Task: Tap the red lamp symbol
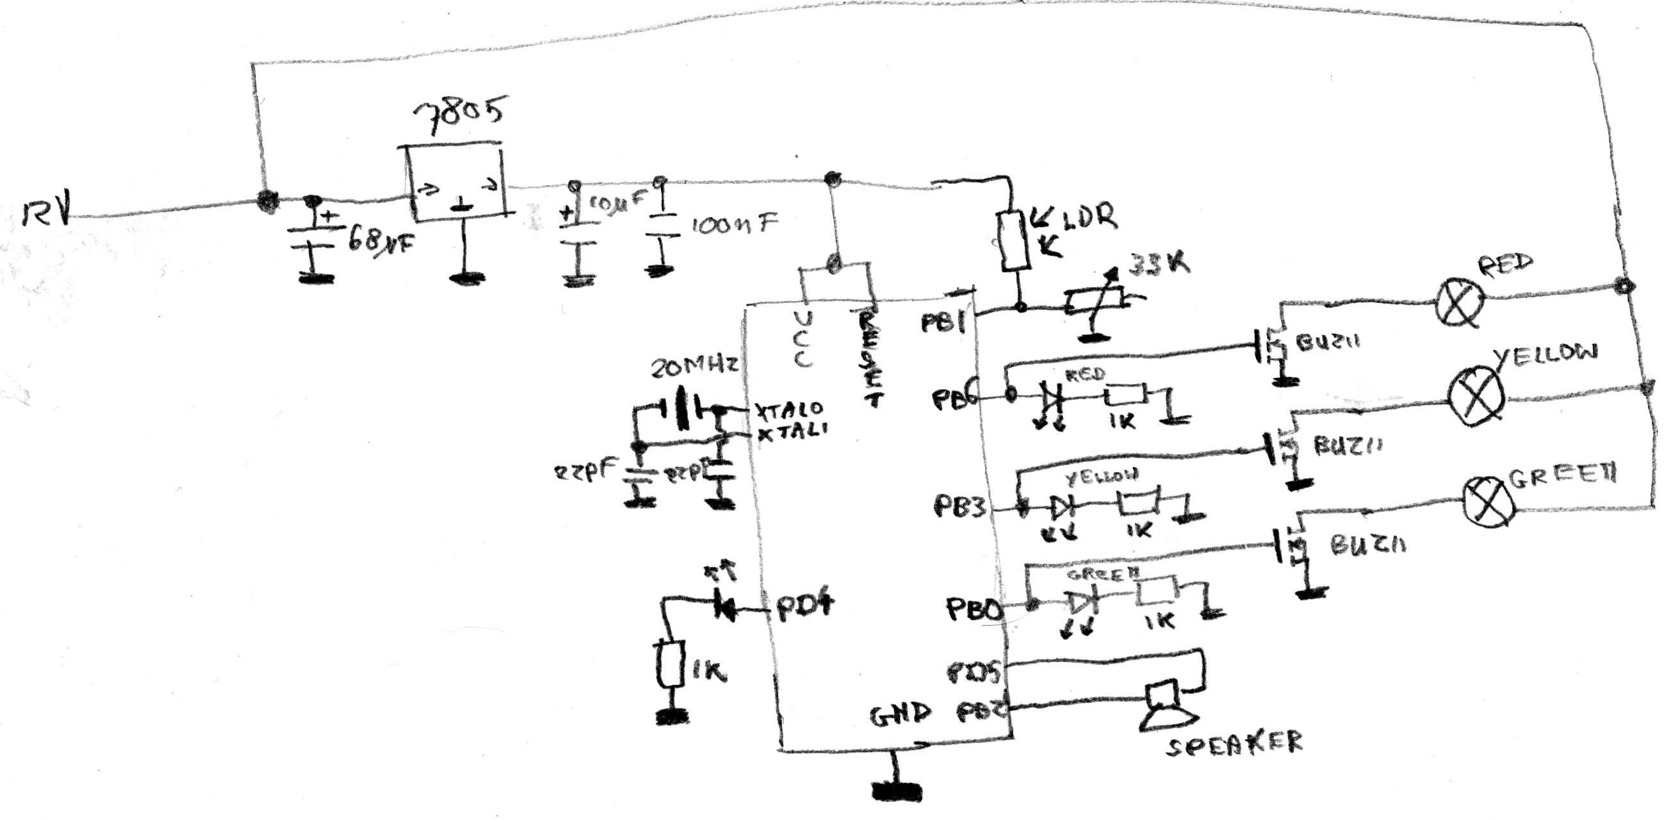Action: [x=1459, y=303]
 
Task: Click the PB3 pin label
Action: [x=960, y=507]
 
